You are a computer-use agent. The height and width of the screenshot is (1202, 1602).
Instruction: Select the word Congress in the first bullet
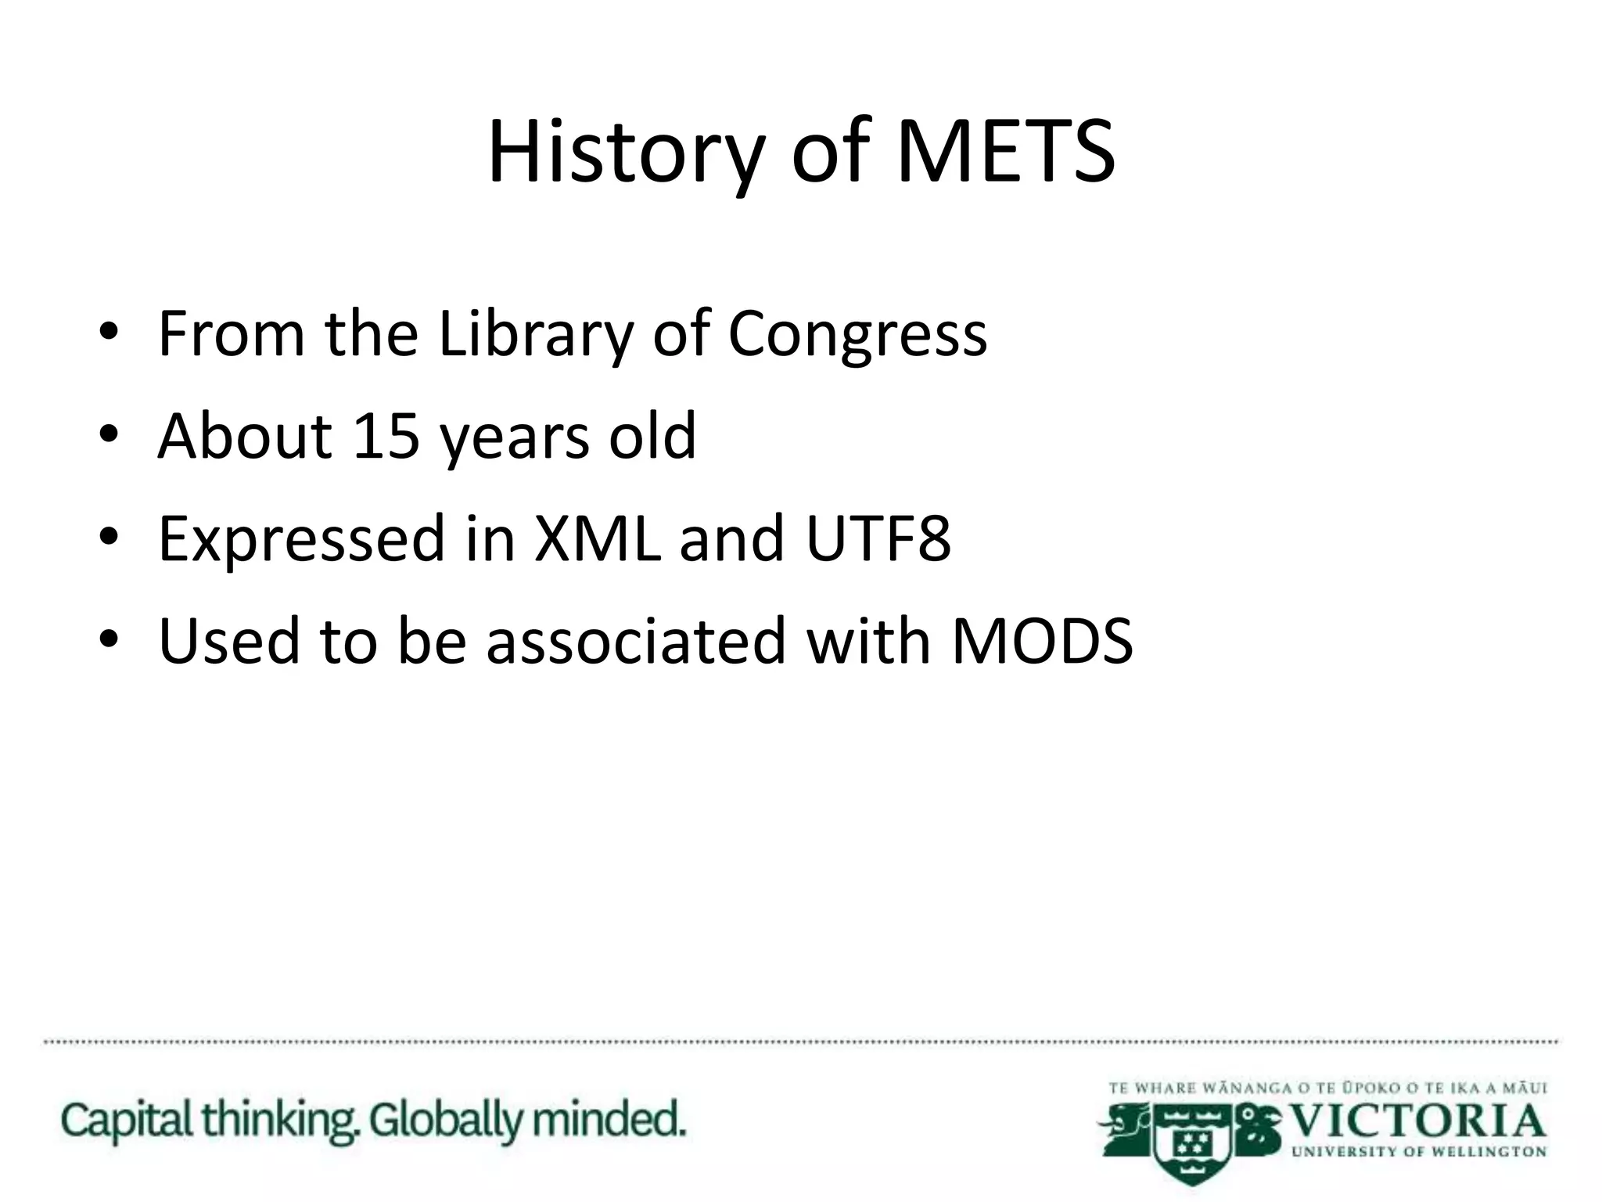tap(857, 335)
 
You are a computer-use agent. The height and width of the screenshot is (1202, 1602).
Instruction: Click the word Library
tap(535, 335)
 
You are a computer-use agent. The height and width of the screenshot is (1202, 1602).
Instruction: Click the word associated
tap(635, 641)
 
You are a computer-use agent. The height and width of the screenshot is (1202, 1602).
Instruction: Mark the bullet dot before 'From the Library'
tap(109, 332)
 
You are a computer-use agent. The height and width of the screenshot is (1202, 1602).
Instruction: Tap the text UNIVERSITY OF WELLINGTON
tap(1419, 1152)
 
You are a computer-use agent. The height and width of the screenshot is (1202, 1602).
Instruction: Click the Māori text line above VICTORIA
tap(1327, 1088)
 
